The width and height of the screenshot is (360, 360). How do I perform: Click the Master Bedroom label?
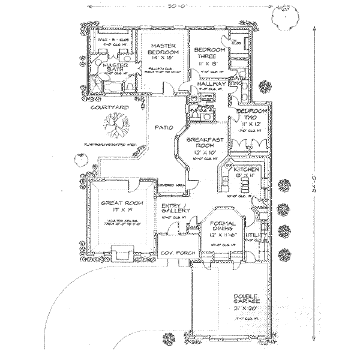point(162,50)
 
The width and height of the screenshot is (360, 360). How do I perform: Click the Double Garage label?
point(247,299)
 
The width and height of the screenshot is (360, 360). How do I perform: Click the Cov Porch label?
point(176,254)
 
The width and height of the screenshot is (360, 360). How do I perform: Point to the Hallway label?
point(210,85)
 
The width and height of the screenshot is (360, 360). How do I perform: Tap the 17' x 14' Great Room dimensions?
point(119,211)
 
